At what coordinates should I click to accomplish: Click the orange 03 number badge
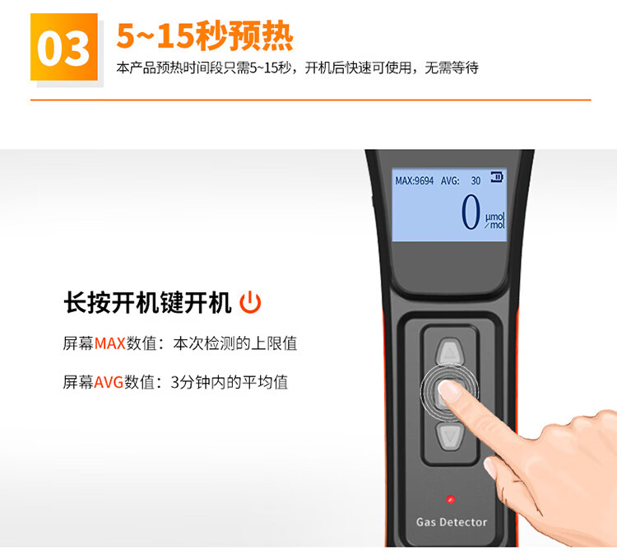tap(64, 47)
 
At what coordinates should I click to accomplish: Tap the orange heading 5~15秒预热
tap(205, 36)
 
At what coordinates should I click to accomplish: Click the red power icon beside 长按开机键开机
tap(250, 302)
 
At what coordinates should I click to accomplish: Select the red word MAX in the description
tap(109, 343)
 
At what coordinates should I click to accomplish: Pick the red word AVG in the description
tap(109, 382)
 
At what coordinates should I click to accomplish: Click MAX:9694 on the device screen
tap(415, 181)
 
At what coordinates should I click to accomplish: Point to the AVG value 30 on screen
tap(476, 181)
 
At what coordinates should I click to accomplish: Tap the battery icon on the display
tap(497, 177)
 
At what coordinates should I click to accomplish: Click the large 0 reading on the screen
tap(471, 212)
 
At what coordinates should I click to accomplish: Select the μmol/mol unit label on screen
tap(494, 221)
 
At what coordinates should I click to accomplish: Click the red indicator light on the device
tap(451, 500)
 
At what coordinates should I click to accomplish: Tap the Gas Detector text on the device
tap(452, 522)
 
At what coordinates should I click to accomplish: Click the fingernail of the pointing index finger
tap(448, 391)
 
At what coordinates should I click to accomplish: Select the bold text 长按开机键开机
tap(147, 302)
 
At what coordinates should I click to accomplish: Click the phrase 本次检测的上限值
tap(235, 343)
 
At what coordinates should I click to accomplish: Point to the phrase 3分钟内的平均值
tap(230, 382)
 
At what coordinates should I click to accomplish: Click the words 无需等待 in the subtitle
tap(452, 68)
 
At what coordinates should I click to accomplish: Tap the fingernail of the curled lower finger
tap(490, 468)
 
